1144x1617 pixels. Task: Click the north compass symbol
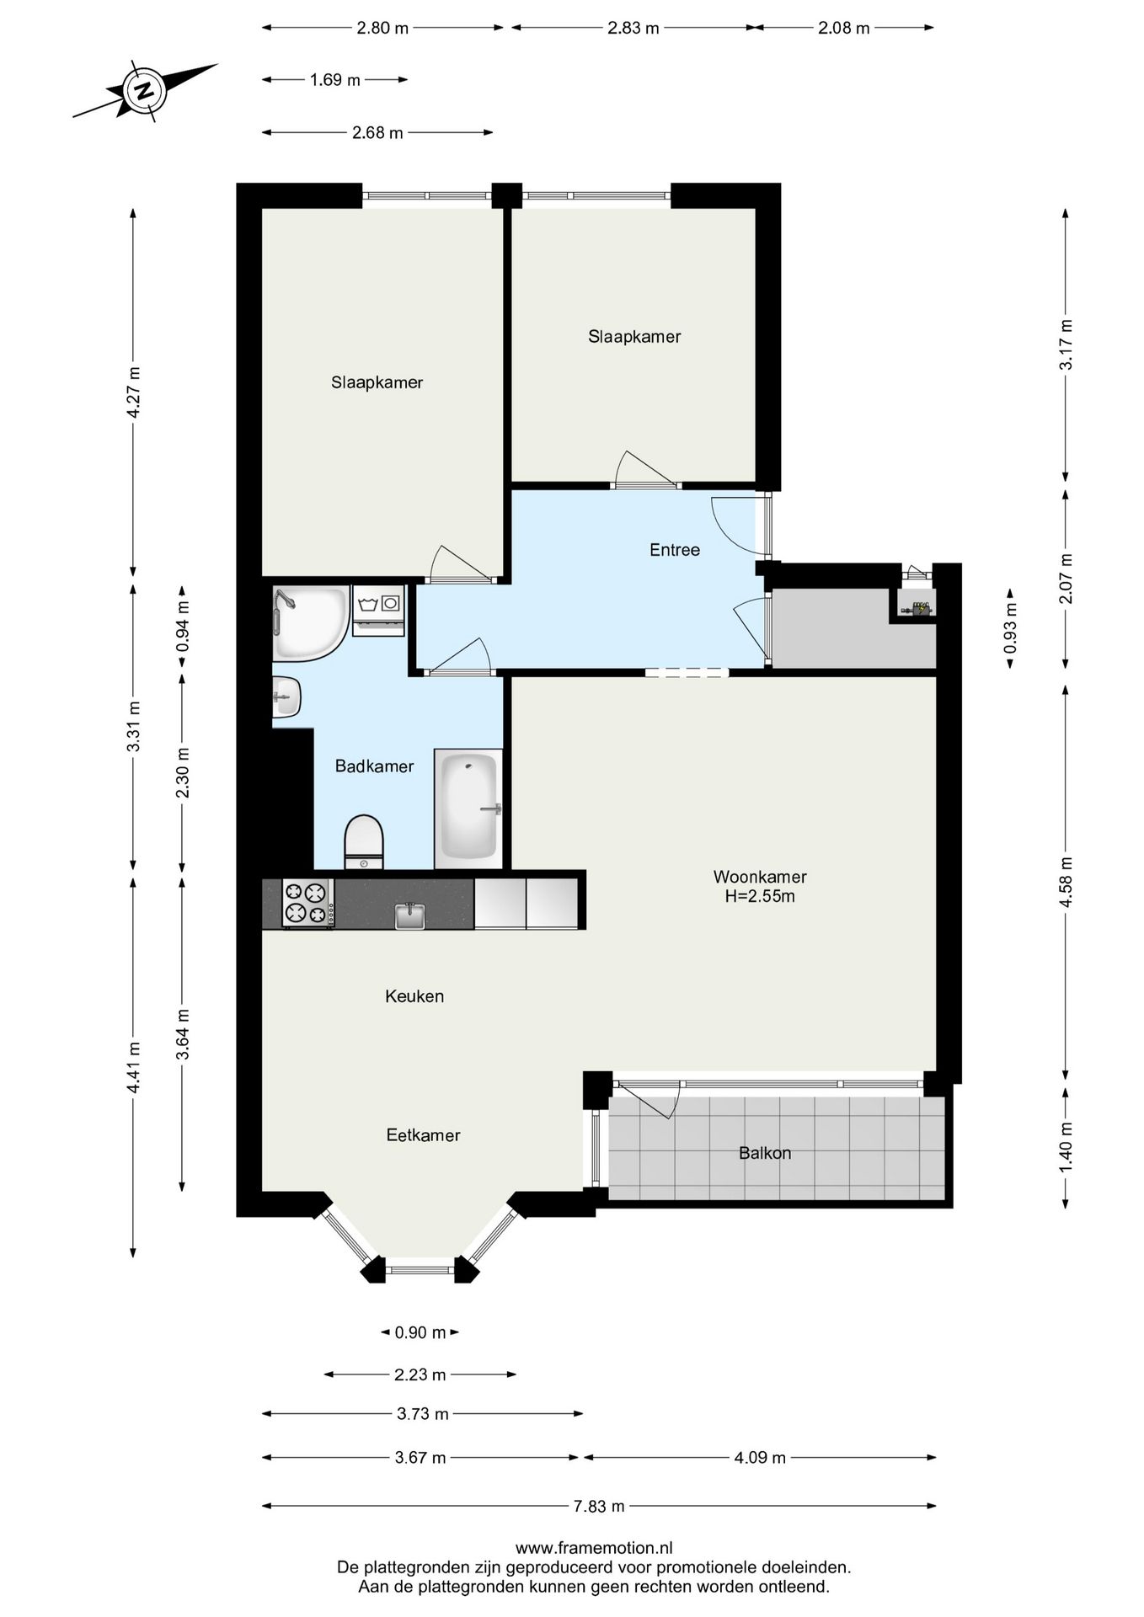pyautogui.click(x=145, y=90)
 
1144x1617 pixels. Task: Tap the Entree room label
pyautogui.click(x=675, y=550)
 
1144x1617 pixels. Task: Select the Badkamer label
pyautogui.click(x=374, y=766)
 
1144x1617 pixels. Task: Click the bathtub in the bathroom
pyautogui.click(x=468, y=808)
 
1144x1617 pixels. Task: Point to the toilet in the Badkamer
pyautogui.click(x=364, y=841)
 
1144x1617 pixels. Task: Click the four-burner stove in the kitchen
pyautogui.click(x=307, y=903)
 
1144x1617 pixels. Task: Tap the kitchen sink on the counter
pyautogui.click(x=410, y=915)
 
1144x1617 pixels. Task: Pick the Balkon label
pyautogui.click(x=765, y=1153)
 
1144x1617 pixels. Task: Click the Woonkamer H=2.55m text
pyautogui.click(x=760, y=886)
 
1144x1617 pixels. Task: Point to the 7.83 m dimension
pyautogui.click(x=599, y=1506)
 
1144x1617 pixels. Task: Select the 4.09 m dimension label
pyautogui.click(x=760, y=1458)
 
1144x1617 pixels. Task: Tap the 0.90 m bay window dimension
pyautogui.click(x=420, y=1332)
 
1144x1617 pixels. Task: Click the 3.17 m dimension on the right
pyautogui.click(x=1066, y=344)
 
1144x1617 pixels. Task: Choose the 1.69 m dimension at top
pyautogui.click(x=335, y=80)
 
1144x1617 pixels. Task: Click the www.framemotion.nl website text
pyautogui.click(x=594, y=1547)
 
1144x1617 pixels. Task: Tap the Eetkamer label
pyautogui.click(x=423, y=1135)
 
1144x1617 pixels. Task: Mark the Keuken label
pyautogui.click(x=414, y=996)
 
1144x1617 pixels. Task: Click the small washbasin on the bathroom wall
pyautogui.click(x=286, y=697)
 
